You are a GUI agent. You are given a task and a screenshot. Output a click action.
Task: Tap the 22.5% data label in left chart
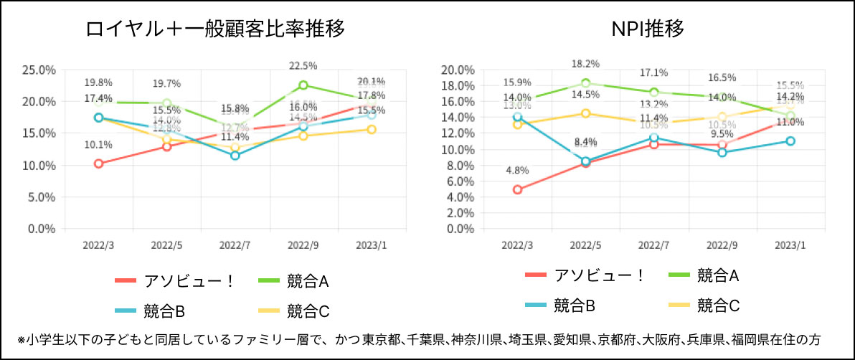coord(303,67)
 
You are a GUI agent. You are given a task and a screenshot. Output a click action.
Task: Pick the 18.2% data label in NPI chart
coord(585,64)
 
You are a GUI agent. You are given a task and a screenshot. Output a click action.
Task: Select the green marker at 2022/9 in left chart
coord(303,85)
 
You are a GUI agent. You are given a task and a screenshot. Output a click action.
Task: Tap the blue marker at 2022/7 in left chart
coord(235,156)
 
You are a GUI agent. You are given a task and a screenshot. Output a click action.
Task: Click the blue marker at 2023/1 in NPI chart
coord(790,141)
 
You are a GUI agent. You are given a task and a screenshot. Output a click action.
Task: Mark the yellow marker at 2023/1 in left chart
coord(372,129)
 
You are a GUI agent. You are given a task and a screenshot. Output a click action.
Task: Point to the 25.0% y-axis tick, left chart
coord(39,70)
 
